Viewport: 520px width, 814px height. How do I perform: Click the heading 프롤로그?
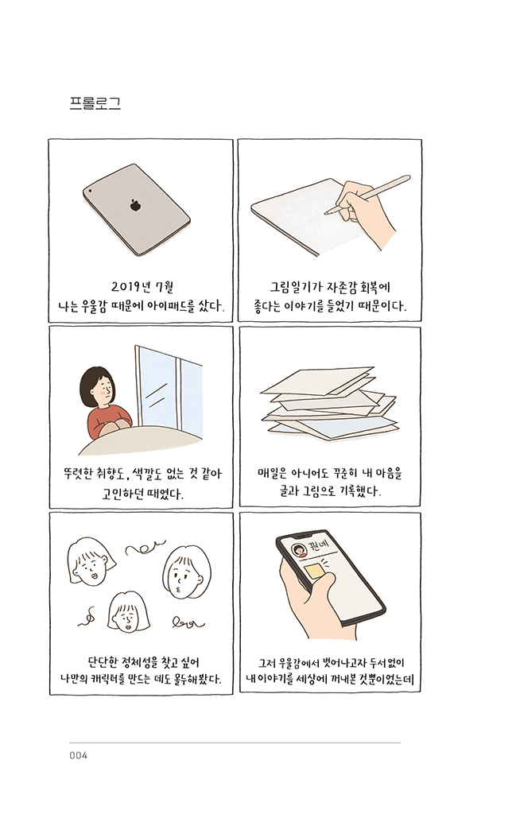(x=95, y=103)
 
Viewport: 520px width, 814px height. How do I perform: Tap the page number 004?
(x=78, y=755)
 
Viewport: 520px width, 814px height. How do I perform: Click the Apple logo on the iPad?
(x=136, y=205)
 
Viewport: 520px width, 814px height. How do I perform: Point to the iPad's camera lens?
(x=90, y=192)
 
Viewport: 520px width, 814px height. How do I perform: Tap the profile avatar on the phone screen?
(x=300, y=551)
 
